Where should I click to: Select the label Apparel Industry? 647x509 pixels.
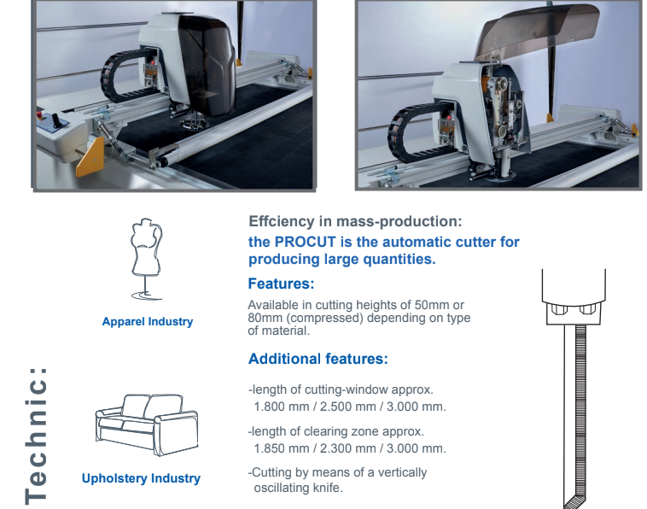[148, 322]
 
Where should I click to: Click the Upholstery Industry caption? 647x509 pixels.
[141, 478]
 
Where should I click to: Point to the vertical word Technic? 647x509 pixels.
[36, 436]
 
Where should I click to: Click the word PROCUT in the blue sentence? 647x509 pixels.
[306, 242]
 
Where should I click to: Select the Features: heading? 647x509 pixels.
[281, 284]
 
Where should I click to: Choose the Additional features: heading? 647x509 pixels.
[318, 359]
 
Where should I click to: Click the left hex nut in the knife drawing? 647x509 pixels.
[559, 310]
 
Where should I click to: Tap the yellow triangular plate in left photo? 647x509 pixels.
[90, 157]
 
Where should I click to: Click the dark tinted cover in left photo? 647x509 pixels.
[206, 66]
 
